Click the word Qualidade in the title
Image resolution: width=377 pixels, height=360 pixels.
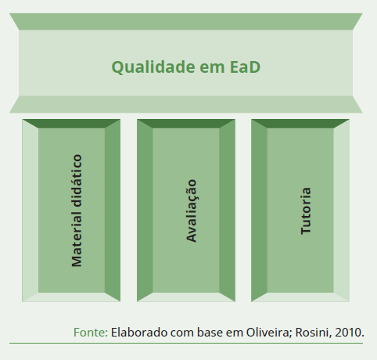pyautogui.click(x=153, y=67)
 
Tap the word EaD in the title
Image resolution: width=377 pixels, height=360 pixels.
pyautogui.click(x=245, y=67)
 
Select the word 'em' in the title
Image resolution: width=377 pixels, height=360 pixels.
pyautogui.click(x=212, y=68)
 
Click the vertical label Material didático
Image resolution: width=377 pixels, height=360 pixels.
pyautogui.click(x=77, y=211)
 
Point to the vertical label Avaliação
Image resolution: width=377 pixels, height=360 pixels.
pyautogui.click(x=192, y=211)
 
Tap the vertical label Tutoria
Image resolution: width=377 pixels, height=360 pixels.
pyautogui.click(x=306, y=211)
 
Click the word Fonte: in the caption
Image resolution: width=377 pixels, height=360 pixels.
pyautogui.click(x=91, y=333)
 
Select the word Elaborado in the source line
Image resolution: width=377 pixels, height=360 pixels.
pyautogui.click(x=139, y=333)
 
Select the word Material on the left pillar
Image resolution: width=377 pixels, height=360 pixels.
pyautogui.click(x=77, y=239)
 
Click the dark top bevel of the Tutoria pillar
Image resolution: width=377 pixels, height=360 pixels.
pyautogui.click(x=300, y=124)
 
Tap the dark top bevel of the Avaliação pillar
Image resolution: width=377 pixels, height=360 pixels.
pyautogui.click(x=186, y=124)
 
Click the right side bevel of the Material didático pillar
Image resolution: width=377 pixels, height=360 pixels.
pyautogui.click(x=113, y=211)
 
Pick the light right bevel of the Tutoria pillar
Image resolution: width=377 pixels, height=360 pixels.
pyautogui.click(x=341, y=211)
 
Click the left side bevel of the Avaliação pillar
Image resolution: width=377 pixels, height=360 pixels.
pyautogui.click(x=145, y=211)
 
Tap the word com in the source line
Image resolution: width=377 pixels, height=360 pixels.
pyautogui.click(x=182, y=333)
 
